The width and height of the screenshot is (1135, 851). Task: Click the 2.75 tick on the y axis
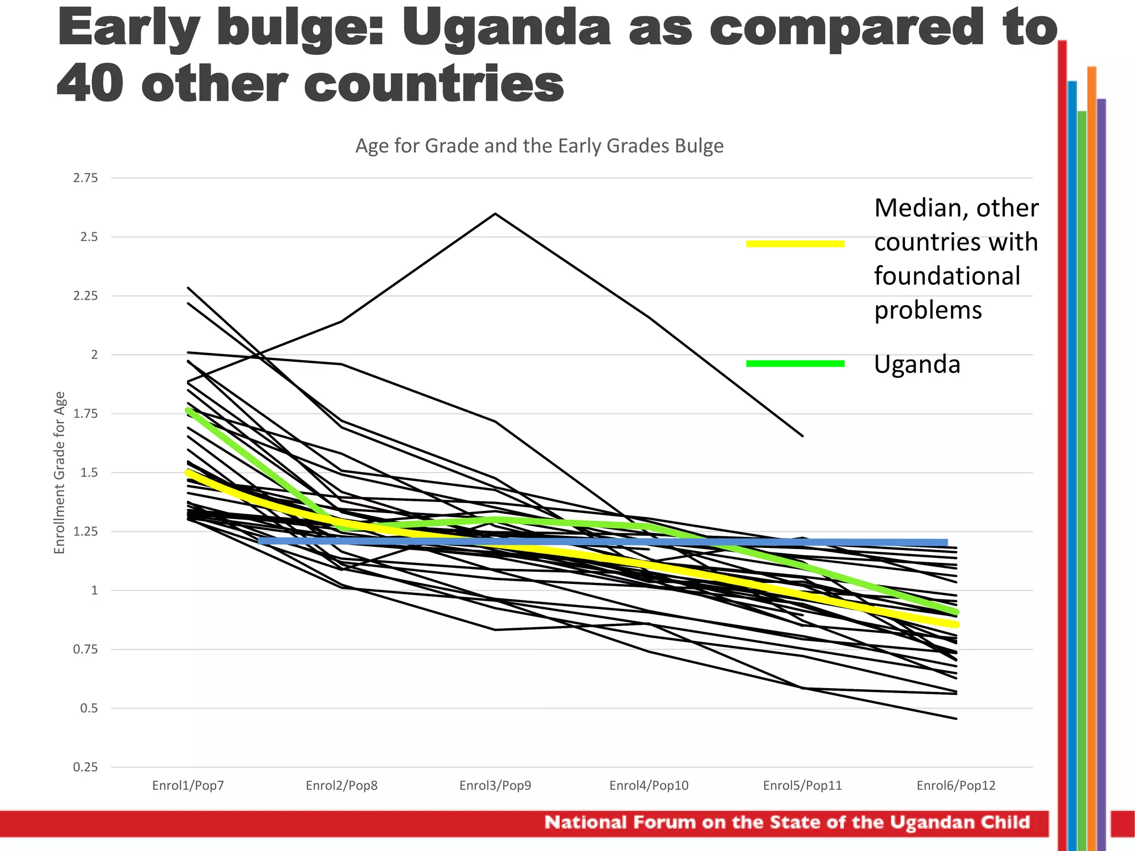pyautogui.click(x=85, y=178)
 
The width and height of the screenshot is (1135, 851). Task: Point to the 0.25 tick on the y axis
pyautogui.click(x=85, y=767)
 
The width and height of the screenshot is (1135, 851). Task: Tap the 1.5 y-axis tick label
pyautogui.click(x=89, y=473)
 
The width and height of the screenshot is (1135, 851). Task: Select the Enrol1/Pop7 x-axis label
pyautogui.click(x=188, y=786)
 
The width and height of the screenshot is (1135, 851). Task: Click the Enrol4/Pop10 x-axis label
pyautogui.click(x=648, y=786)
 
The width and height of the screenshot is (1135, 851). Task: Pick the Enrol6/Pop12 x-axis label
pyautogui.click(x=955, y=786)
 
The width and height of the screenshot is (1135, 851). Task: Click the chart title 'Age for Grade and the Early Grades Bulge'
pyautogui.click(x=539, y=146)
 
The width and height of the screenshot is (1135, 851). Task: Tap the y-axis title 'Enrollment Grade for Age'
pyautogui.click(x=60, y=473)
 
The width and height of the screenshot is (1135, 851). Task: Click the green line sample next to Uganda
pyautogui.click(x=795, y=363)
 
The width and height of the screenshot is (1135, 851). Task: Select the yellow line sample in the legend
pyautogui.click(x=795, y=243)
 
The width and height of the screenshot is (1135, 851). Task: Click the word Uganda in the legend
pyautogui.click(x=917, y=365)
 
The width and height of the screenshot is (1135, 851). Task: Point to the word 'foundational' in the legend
pyautogui.click(x=947, y=276)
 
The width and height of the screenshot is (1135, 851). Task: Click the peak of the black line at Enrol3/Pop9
pyautogui.click(x=495, y=214)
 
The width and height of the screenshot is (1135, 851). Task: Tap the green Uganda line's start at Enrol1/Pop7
pyautogui.click(x=188, y=411)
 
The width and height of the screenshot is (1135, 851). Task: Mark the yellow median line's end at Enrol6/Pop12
pyautogui.click(x=955, y=624)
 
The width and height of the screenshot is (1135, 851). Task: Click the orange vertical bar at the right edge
pyautogui.click(x=1091, y=443)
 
